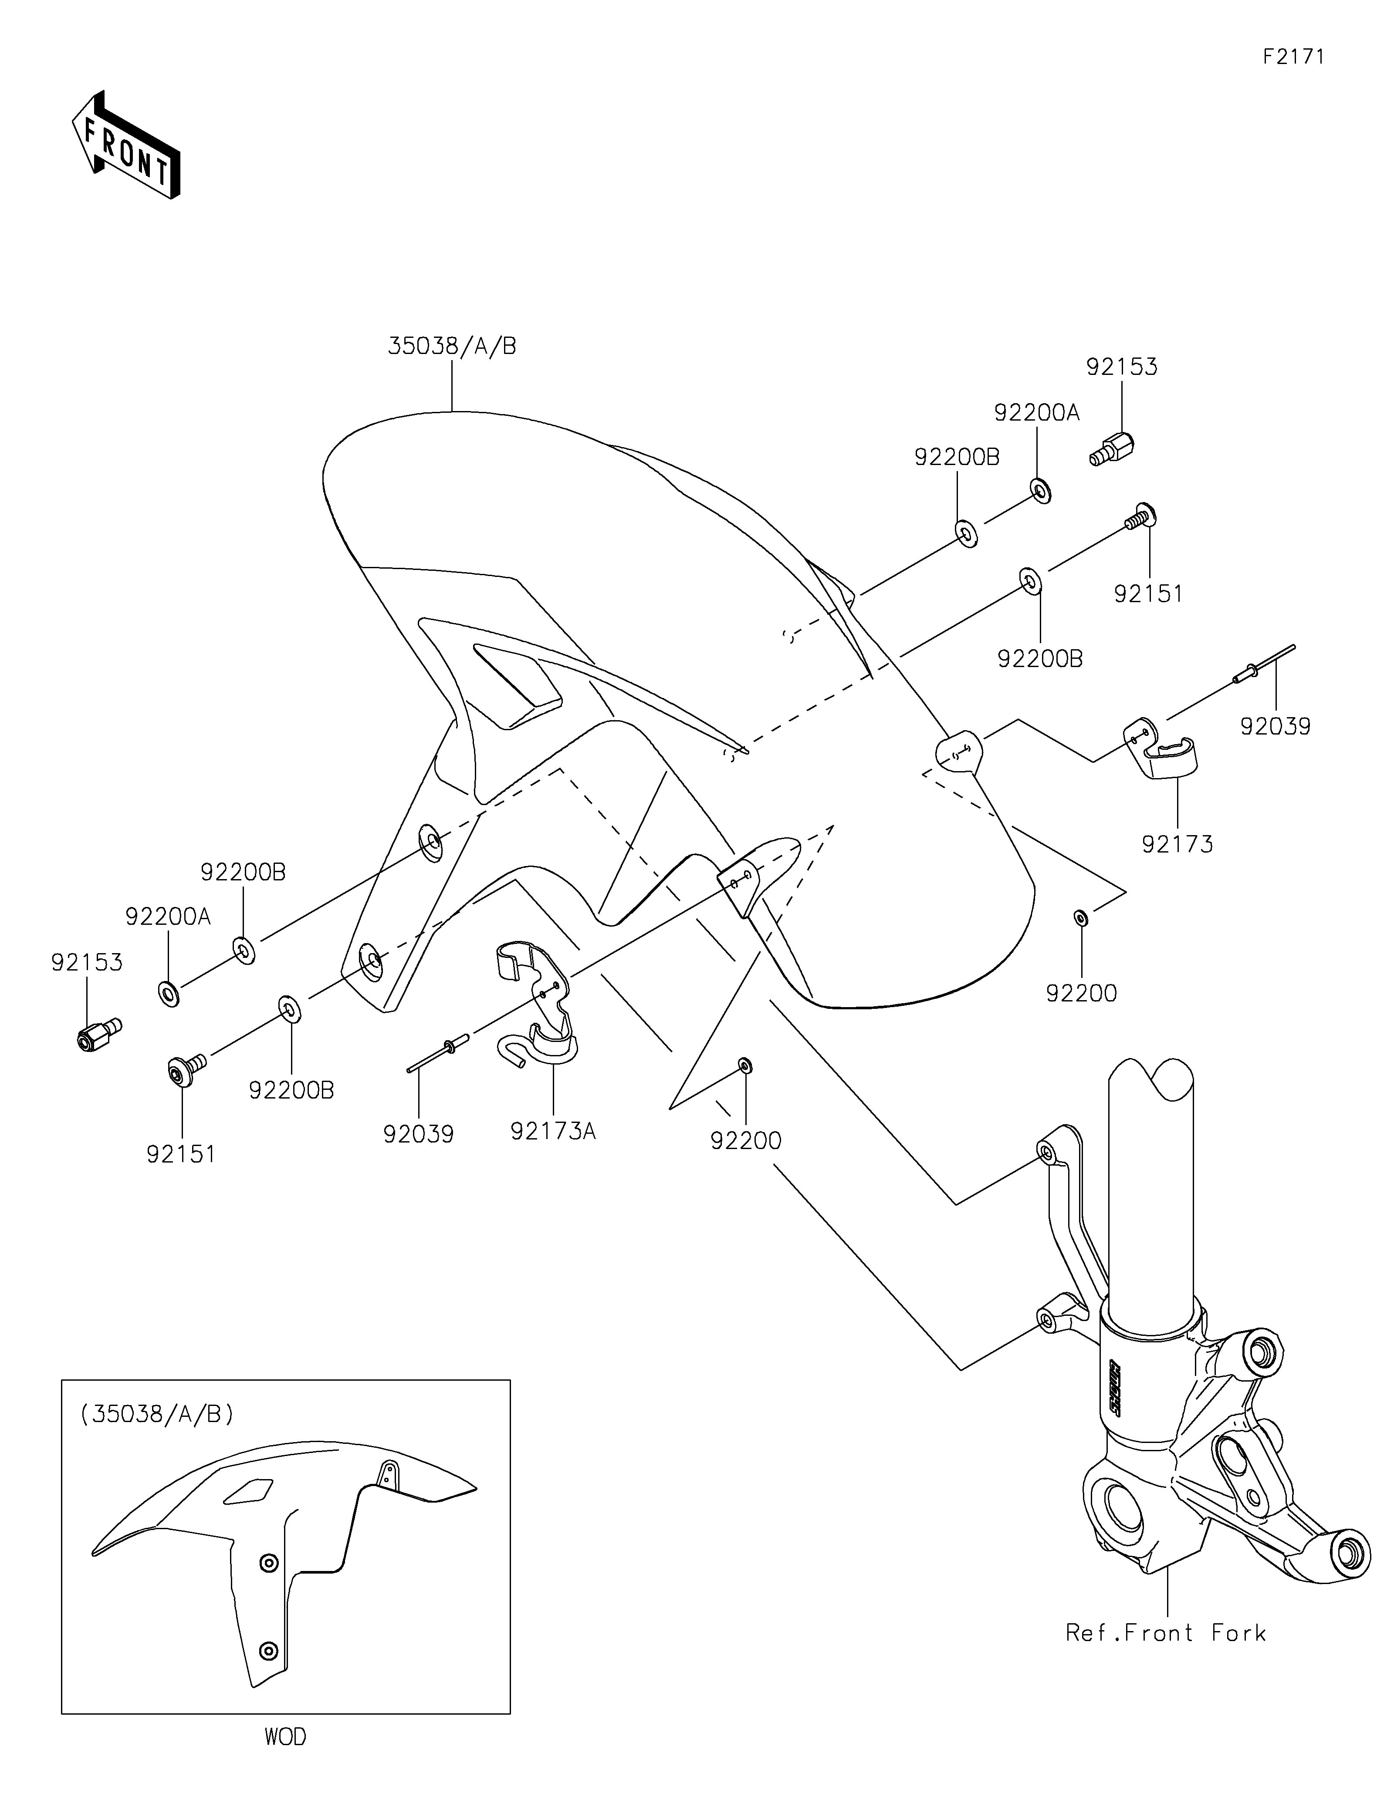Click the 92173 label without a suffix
[x=1177, y=845]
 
